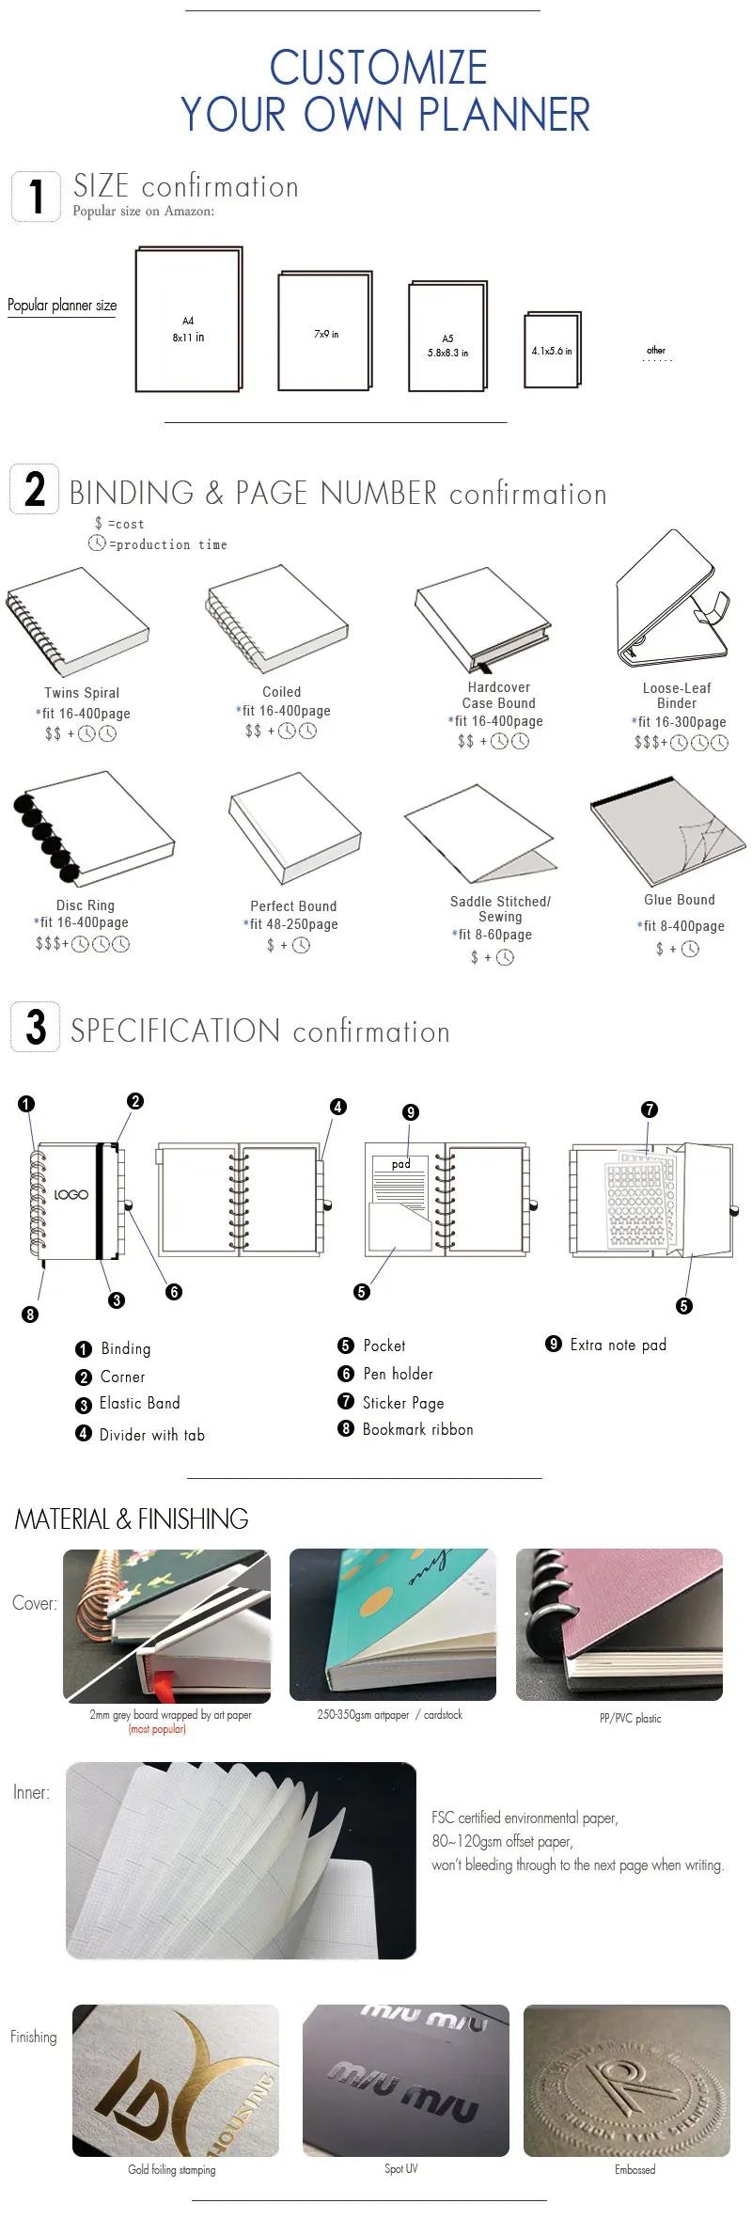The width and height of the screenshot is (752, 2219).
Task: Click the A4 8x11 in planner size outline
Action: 188,320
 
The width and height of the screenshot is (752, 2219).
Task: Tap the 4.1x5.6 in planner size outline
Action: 552,350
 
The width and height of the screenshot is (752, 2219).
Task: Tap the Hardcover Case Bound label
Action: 498,696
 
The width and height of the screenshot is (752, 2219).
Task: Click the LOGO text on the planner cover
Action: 71,1194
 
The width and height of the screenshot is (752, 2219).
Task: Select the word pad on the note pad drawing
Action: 401,1164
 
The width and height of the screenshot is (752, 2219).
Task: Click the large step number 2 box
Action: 35,489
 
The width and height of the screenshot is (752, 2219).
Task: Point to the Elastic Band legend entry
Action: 139,1404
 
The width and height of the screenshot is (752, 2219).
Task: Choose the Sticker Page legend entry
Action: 402,1403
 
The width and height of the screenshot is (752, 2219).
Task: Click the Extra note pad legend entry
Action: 618,1345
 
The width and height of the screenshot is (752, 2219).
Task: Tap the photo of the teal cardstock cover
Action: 392,1625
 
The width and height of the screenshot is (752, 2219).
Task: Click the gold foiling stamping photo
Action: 176,2081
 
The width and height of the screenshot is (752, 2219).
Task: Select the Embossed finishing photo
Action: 626,2081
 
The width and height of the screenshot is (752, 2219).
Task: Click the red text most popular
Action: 157,1729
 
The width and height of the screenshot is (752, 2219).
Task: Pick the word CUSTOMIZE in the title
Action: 378,69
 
